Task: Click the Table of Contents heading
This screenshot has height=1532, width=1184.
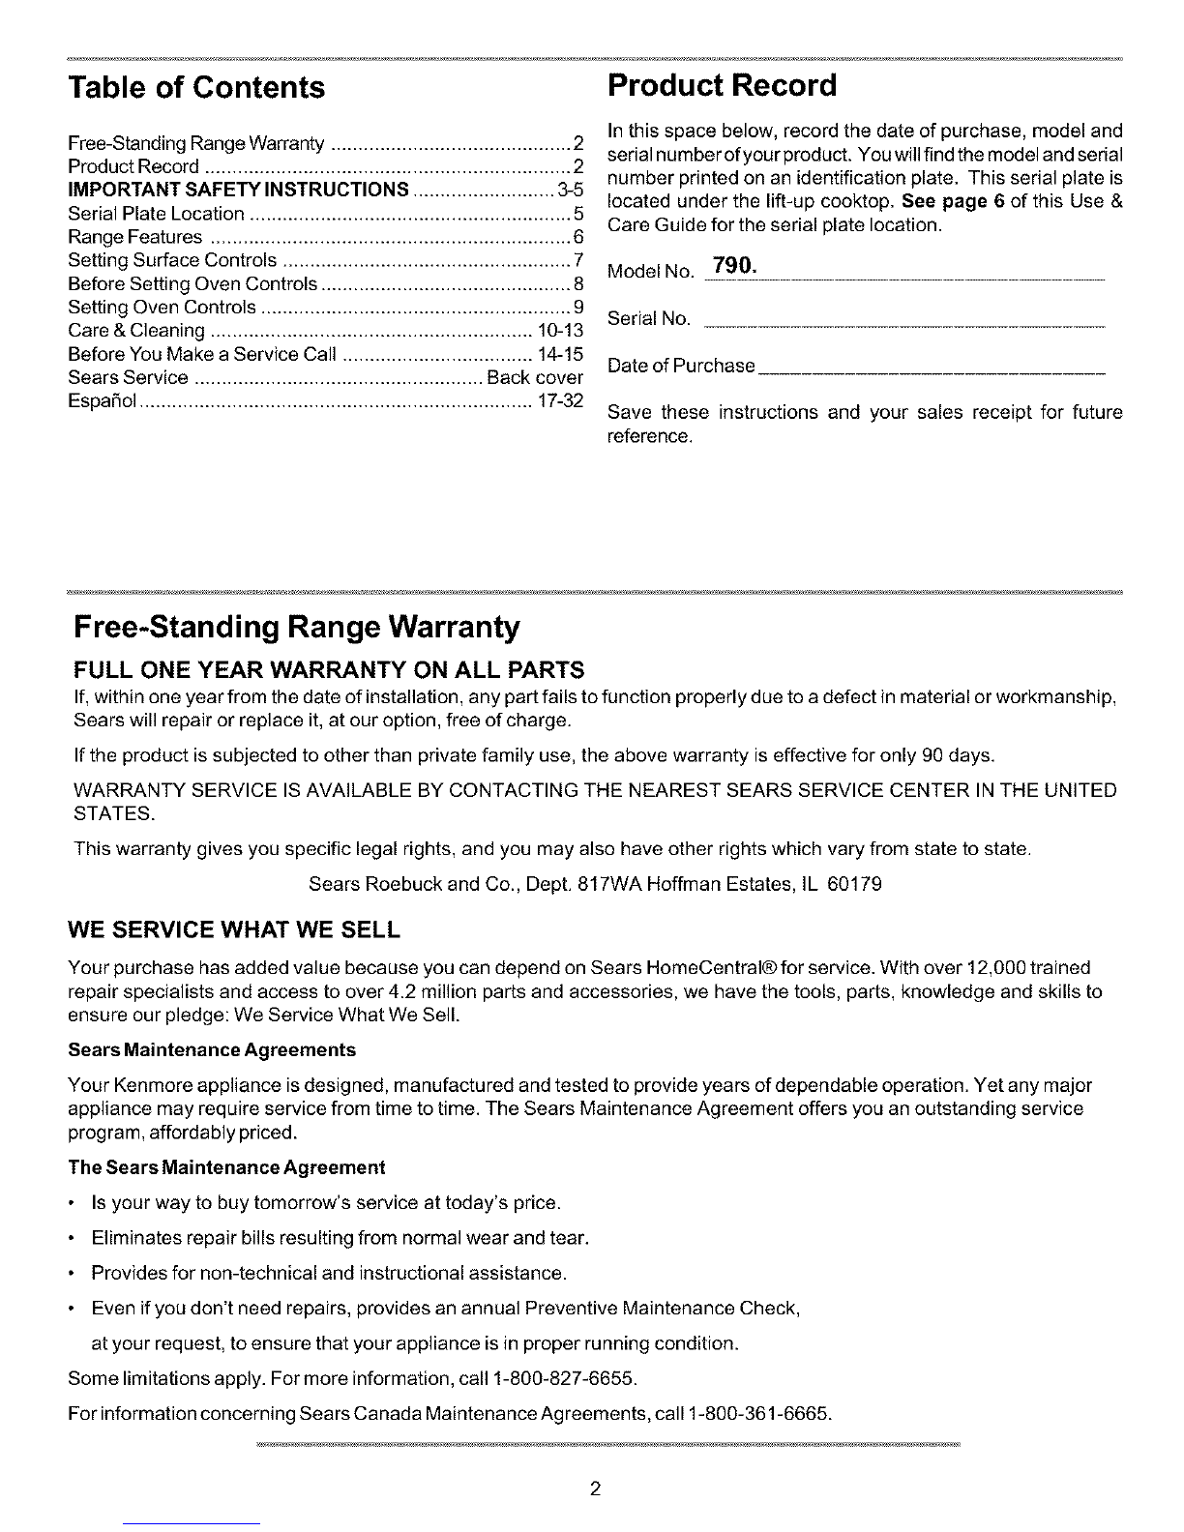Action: [196, 88]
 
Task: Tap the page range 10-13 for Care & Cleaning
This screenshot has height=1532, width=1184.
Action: [559, 331]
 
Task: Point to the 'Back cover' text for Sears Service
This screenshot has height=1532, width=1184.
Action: [535, 377]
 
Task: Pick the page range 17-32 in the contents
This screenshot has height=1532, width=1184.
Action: [559, 400]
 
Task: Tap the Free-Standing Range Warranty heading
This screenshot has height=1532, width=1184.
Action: [297, 628]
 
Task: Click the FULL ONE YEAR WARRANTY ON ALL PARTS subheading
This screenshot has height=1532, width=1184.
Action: [329, 670]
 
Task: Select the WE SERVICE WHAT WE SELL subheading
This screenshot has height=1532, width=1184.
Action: [233, 930]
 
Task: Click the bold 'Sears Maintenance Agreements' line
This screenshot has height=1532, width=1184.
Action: [212, 1049]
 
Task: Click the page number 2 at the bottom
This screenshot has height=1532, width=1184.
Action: [596, 1488]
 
